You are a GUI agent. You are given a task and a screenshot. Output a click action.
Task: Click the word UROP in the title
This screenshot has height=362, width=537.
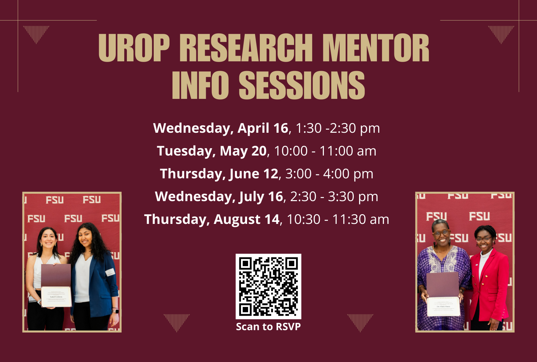[134, 48]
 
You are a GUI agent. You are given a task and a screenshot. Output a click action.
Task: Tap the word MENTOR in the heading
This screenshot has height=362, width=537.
[376, 48]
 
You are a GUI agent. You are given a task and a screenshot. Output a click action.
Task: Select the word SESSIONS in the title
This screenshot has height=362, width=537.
[302, 85]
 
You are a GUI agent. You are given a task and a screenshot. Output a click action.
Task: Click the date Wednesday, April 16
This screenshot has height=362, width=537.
[221, 128]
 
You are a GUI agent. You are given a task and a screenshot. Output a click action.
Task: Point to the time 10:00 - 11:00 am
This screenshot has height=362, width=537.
[325, 151]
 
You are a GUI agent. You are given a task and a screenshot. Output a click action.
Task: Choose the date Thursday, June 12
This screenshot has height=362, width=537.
[219, 174]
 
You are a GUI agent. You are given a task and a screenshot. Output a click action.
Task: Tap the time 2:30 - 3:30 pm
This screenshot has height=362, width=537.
[334, 196]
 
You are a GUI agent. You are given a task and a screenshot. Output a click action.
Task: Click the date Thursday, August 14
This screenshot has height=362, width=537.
[211, 219]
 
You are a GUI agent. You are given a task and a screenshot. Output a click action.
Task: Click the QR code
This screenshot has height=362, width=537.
[268, 286]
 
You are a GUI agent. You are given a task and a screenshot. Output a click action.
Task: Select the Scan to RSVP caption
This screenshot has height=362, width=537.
[268, 326]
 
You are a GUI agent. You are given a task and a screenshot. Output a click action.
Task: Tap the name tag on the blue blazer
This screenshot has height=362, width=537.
[110, 272]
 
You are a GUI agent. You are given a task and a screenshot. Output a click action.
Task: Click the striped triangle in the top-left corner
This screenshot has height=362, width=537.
[36, 33]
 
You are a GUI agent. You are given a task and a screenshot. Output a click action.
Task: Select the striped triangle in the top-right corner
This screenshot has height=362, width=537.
[501, 33]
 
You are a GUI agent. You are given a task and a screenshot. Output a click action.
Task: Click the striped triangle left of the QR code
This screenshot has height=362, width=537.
[177, 321]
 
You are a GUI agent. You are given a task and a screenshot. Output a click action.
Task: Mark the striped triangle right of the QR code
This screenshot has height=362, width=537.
[360, 321]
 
